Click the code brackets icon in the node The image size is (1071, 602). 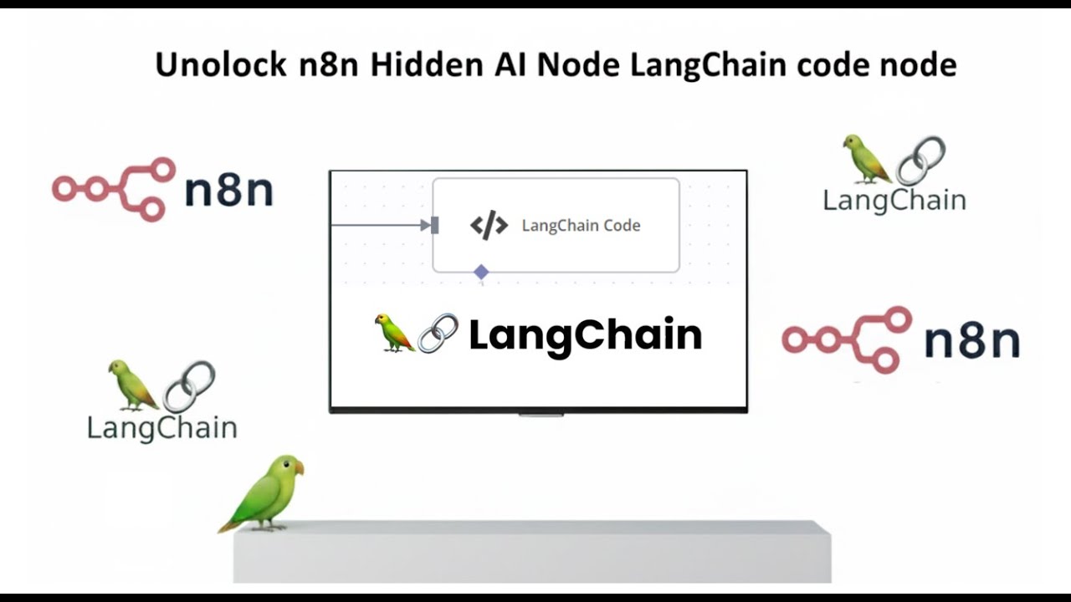489,226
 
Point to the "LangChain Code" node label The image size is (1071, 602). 581,226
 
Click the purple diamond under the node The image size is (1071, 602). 481,272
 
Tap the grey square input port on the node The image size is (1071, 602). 434,225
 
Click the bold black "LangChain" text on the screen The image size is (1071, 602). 585,335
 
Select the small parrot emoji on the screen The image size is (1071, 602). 394,333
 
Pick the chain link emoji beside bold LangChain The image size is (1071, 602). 438,334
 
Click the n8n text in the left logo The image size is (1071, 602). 228,190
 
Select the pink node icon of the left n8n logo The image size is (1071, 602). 114,189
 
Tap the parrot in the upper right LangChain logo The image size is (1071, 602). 865,159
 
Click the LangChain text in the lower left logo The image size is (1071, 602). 161,428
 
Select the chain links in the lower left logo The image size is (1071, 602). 189,386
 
